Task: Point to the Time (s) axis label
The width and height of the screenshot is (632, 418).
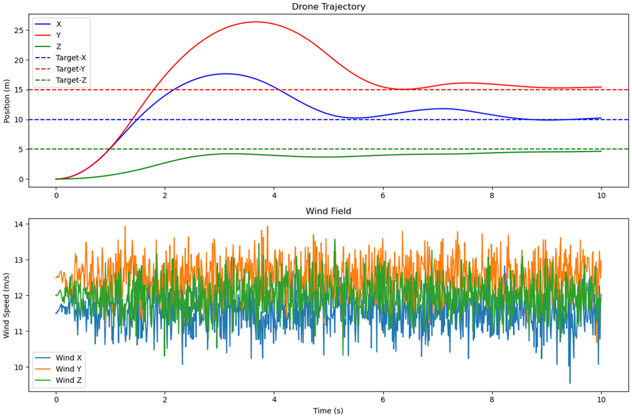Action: pyautogui.click(x=328, y=411)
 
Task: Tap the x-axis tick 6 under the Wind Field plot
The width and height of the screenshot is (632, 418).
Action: pyautogui.click(x=383, y=400)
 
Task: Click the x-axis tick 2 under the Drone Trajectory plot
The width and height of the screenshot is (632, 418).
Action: pyautogui.click(x=165, y=195)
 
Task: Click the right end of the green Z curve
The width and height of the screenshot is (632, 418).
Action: pyautogui.click(x=601, y=151)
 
